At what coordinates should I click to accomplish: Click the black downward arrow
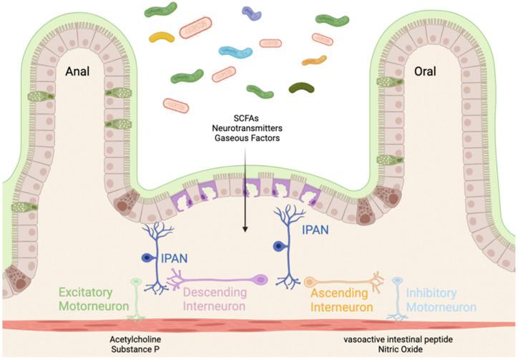[x=245, y=208]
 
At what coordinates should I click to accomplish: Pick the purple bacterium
[x=251, y=12]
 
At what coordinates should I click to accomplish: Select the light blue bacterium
[x=235, y=53]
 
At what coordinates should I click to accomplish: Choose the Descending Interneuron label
[x=215, y=300]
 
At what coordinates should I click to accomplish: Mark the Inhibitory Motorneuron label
[x=440, y=300]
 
